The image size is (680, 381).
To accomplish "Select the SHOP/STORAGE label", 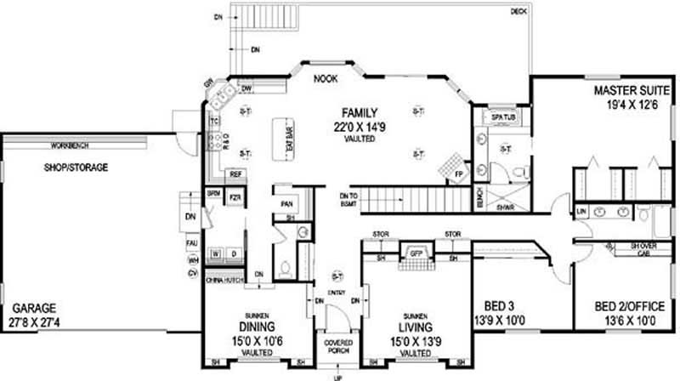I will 76,168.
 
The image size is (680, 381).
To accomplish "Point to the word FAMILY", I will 360,112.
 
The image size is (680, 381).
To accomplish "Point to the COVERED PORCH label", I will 338,346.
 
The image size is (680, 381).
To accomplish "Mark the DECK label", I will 519,11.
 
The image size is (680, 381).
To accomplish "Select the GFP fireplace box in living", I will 416,253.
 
